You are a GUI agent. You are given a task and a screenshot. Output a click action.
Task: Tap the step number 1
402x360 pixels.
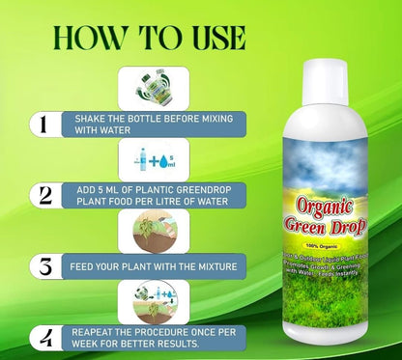pos(40,124)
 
